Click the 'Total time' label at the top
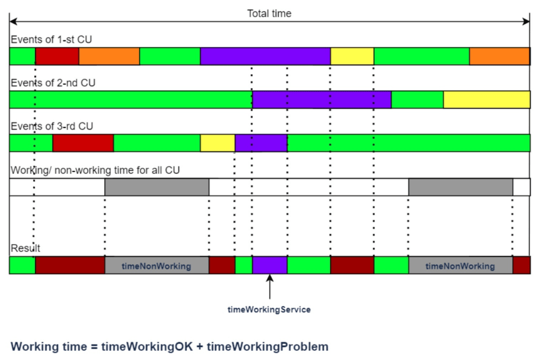269,13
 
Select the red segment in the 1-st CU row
57,56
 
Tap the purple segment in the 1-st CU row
265,56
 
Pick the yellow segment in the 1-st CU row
352,56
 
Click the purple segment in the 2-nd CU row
322,100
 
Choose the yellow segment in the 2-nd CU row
487,100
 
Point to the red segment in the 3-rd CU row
83,143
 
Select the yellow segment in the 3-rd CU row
217,143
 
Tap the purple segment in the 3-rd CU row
262,143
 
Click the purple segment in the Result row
270,265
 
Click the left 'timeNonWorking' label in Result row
156,266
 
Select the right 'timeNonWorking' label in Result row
460,266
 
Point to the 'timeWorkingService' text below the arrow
269,310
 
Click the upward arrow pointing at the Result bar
270,287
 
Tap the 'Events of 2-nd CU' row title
53,83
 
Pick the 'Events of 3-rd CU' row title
52,126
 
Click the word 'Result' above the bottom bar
26,248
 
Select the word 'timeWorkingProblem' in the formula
268,347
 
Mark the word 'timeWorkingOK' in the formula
147,347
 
